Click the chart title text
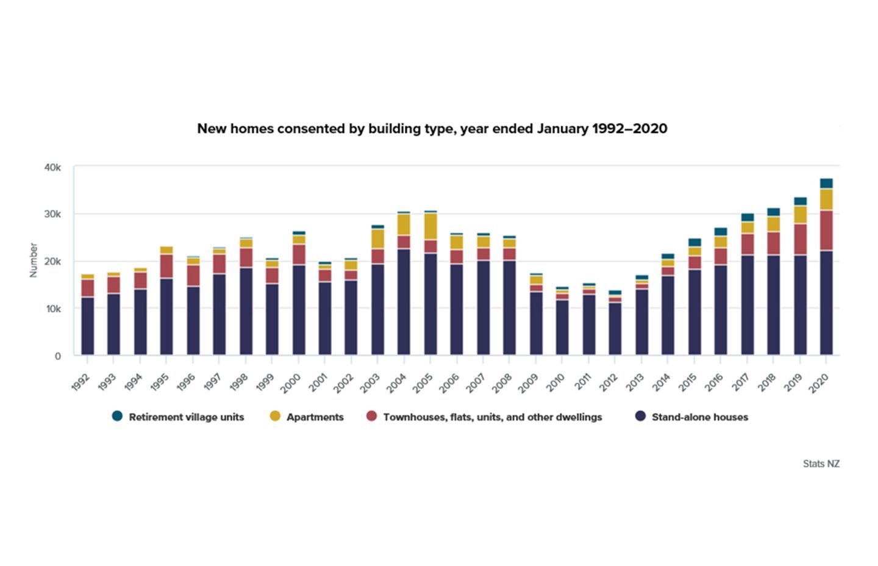tap(432, 129)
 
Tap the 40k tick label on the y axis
tap(52, 168)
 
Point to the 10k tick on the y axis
tap(52, 309)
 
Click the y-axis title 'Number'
tap(34, 260)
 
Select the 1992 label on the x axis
tap(80, 382)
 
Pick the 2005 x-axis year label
tap(424, 382)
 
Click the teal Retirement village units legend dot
tap(117, 417)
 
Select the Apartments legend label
tap(315, 417)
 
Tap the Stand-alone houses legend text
tap(699, 417)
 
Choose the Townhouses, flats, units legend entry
tap(492, 417)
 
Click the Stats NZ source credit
tap(821, 464)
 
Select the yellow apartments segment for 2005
tap(430, 226)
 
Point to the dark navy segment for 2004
tap(404, 302)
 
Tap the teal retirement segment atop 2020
tap(826, 184)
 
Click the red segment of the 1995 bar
tap(166, 266)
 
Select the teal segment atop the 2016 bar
tap(721, 232)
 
